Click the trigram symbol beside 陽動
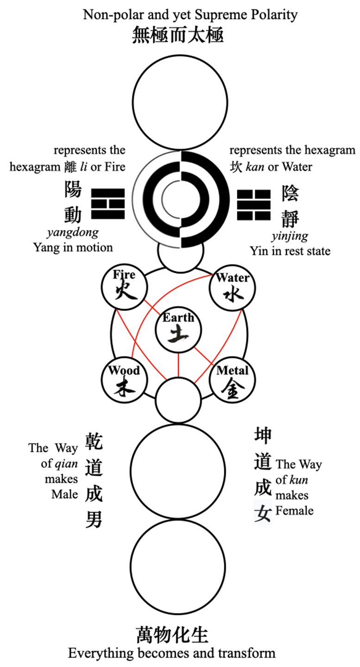click(x=108, y=204)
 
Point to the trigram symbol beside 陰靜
click(x=254, y=205)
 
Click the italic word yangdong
click(x=73, y=233)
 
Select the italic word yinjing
click(x=290, y=237)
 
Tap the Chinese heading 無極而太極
click(x=178, y=35)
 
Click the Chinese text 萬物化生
click(x=173, y=636)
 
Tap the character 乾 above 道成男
click(x=94, y=442)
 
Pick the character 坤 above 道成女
click(x=263, y=435)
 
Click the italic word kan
click(x=255, y=167)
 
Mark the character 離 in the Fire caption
click(x=70, y=167)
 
